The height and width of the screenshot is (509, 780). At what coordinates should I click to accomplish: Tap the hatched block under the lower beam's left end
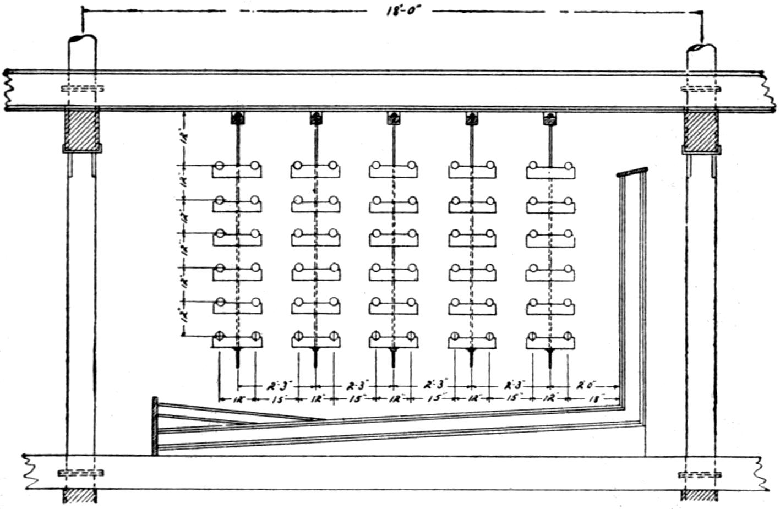[80, 495]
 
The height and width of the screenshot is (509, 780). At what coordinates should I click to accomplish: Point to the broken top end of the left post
[82, 42]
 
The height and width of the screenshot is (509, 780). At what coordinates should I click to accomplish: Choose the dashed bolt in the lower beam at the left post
[80, 473]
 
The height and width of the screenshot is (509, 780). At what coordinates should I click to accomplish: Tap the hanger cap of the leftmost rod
[237, 118]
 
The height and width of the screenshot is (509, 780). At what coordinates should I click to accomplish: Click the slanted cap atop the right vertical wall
[632, 172]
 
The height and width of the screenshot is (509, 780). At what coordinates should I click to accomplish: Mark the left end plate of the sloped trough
[155, 426]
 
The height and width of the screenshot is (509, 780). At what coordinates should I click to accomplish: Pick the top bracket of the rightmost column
[550, 170]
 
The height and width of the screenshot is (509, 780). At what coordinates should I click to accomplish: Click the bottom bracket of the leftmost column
[237, 340]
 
